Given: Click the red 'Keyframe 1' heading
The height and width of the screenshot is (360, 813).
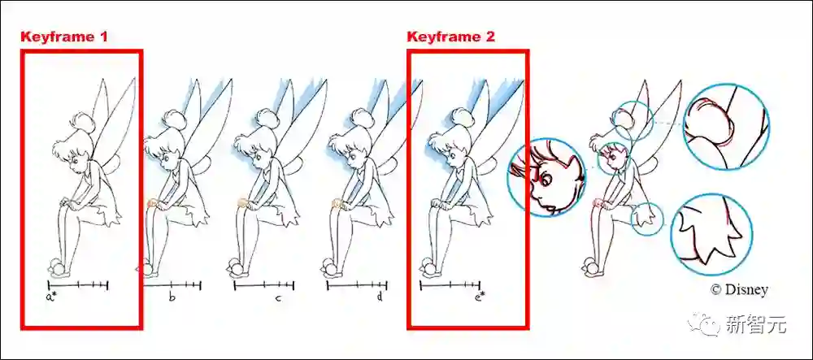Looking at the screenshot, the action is [64, 37].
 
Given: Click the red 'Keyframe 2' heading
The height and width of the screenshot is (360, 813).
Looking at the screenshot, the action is [451, 37].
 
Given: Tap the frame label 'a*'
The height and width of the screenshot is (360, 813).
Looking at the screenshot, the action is [50, 297].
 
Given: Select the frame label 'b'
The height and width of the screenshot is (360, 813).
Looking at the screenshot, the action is [172, 297].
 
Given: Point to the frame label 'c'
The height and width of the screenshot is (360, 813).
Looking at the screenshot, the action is [278, 298].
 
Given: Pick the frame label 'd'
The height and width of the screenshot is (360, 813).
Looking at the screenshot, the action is [380, 297].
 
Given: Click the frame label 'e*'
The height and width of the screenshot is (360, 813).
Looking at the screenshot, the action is [480, 297].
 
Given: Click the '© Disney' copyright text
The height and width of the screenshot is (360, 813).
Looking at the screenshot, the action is [739, 289].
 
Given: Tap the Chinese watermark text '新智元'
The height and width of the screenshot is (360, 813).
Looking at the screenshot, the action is [756, 325].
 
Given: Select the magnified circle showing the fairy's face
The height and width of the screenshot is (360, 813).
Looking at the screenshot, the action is [546, 177].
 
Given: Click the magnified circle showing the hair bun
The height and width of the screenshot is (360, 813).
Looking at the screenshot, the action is [726, 127].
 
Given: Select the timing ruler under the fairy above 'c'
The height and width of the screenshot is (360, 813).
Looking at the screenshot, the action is [264, 285].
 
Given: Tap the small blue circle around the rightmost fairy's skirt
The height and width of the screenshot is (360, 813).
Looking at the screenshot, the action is [647, 219].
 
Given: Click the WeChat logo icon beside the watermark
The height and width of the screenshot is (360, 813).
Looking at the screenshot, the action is [703, 324].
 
